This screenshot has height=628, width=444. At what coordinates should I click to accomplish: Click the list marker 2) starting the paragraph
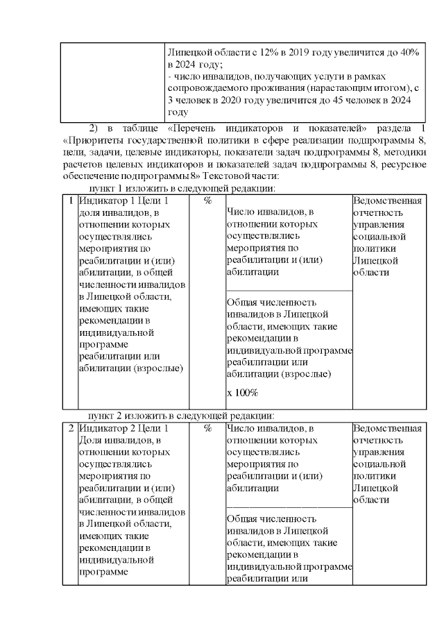(96, 128)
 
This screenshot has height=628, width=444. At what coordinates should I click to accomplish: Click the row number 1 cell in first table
(70, 201)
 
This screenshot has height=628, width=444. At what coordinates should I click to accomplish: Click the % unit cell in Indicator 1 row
(207, 201)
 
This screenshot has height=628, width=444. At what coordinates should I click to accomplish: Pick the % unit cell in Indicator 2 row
(207, 428)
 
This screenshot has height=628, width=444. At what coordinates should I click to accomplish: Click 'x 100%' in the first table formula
(242, 393)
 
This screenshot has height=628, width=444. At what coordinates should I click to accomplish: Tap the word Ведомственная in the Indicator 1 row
(387, 201)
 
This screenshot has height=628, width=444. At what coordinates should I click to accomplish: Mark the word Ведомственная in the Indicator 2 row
(387, 428)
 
